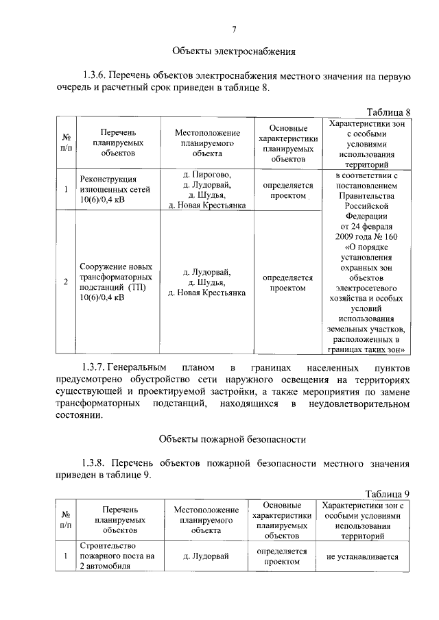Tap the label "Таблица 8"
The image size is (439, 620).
[388, 112]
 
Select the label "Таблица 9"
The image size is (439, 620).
[388, 494]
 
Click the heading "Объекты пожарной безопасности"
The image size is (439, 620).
[233, 438]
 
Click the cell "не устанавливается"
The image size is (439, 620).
[362, 557]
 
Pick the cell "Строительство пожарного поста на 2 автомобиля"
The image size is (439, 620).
[116, 556]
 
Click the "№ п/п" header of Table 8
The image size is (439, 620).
[65, 142]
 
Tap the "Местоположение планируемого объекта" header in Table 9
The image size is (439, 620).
[206, 519]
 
